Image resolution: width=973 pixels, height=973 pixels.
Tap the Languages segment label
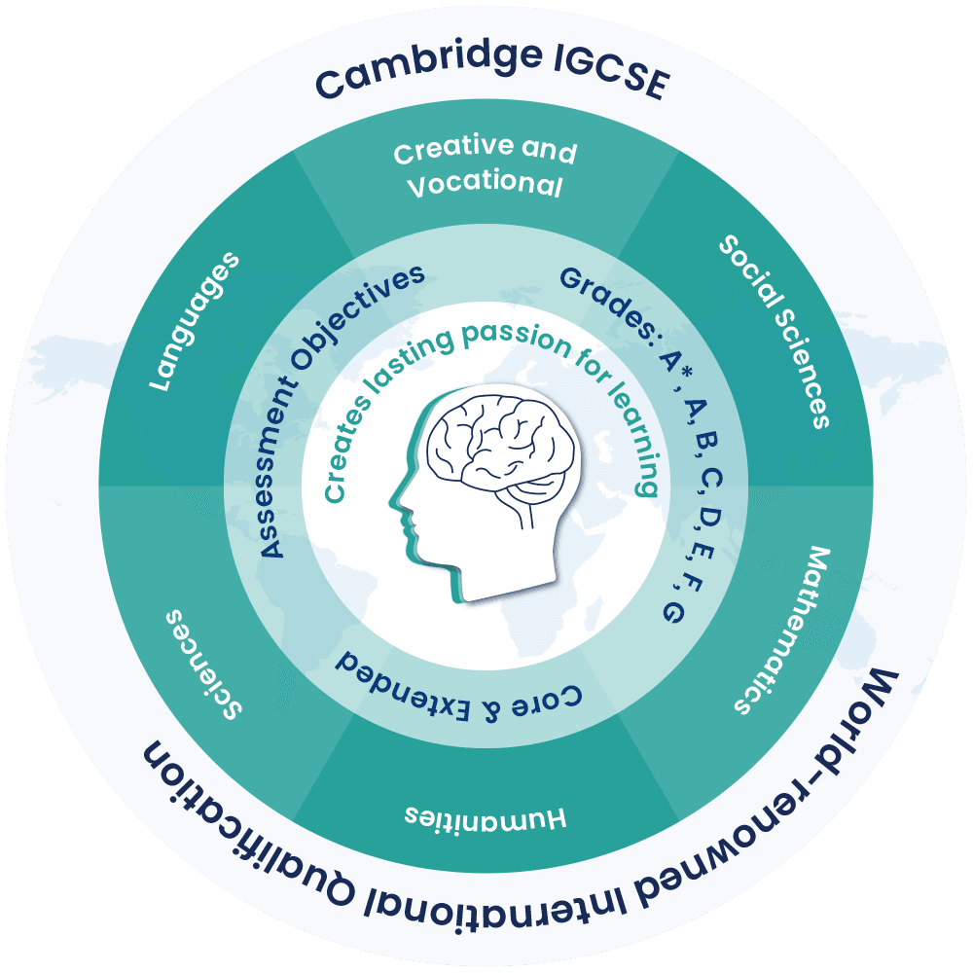(x=194, y=323)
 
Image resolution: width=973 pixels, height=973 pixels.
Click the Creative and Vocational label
(x=485, y=168)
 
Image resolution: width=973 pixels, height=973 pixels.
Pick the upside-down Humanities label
(x=486, y=814)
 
